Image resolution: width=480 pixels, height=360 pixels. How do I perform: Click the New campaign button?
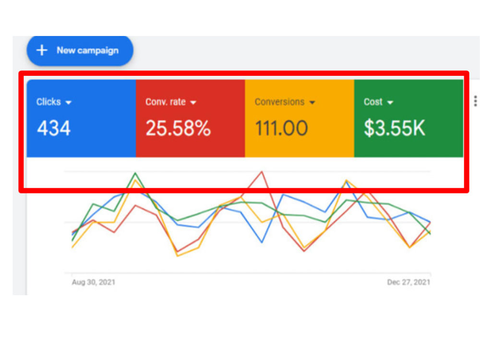(80, 50)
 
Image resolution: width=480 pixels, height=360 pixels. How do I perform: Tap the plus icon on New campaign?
(42, 50)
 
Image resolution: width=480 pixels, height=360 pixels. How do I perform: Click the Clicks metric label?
(48, 102)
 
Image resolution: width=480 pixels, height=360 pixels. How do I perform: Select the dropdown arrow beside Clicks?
(68, 103)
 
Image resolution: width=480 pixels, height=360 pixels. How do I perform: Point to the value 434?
(54, 128)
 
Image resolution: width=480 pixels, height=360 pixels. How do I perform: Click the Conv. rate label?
(165, 102)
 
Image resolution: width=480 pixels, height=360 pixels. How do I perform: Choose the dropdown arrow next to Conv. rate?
(193, 103)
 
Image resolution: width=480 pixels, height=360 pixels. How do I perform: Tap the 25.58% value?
(178, 128)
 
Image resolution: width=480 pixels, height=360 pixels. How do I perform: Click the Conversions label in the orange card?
(279, 102)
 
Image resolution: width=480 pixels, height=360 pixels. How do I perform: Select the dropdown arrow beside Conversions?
(312, 103)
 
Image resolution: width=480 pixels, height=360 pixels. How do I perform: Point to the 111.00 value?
(281, 128)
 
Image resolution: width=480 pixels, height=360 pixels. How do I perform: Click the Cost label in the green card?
(373, 102)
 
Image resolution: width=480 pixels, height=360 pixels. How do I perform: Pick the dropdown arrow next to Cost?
(390, 103)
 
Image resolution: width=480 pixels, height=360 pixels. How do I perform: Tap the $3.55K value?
(394, 128)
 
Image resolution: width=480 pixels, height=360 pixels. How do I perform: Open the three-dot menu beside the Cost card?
(475, 101)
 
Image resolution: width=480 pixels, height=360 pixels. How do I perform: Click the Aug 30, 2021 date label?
(94, 282)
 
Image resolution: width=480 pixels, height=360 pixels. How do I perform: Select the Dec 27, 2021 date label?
(408, 282)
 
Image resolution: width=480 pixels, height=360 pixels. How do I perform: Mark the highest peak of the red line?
(262, 172)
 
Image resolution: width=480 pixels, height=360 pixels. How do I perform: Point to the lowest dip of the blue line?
(262, 242)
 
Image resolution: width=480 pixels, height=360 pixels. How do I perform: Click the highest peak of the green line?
(135, 173)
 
